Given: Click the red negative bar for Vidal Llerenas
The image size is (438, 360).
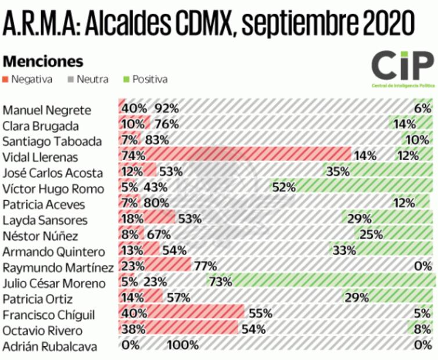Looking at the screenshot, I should point(244,156).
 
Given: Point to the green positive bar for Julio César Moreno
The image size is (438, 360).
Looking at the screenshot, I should point(325,283).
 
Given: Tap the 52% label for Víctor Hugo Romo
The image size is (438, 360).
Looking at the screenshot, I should point(285,188).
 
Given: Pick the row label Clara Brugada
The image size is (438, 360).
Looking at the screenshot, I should point(41,124).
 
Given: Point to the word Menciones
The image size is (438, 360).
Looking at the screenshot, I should point(44,61).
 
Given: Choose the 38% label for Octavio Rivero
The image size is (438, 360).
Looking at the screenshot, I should point(133,331).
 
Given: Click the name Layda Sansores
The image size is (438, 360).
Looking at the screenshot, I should point(45,220).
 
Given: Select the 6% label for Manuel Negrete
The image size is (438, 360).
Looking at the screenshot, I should point(422,108).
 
